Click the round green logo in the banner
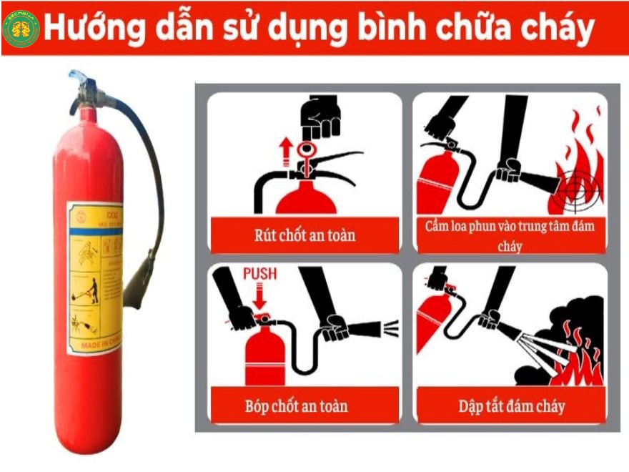[x=21, y=29]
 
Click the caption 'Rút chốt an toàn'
[x=304, y=234]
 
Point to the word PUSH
[x=259, y=274]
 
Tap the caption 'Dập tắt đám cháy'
[x=511, y=406]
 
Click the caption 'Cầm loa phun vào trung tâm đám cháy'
[x=510, y=235]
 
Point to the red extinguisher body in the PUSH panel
[x=265, y=354]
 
